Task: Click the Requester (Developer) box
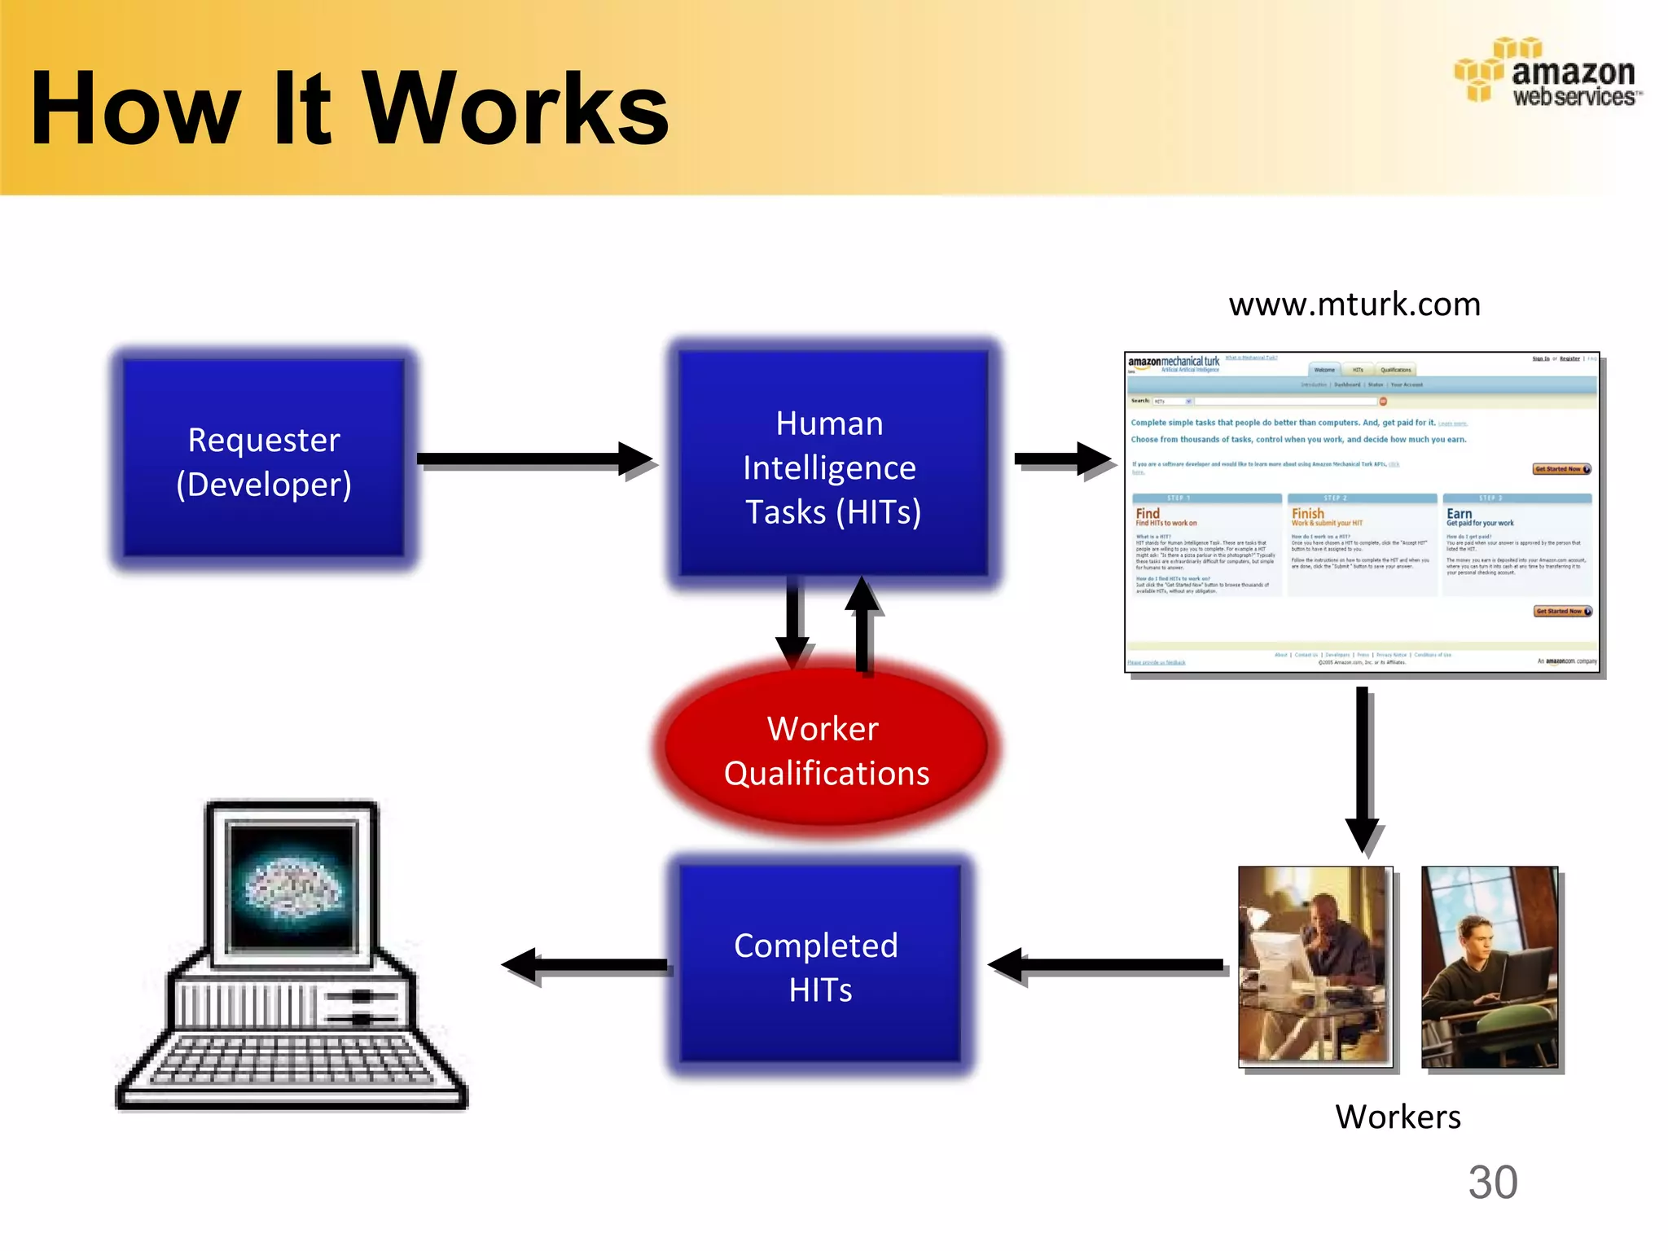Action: tap(264, 461)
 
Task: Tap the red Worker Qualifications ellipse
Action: tap(826, 749)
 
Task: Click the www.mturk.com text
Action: tap(1354, 305)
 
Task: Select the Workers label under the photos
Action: tap(1398, 1117)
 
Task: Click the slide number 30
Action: tap(1492, 1183)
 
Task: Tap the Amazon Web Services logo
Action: tap(1547, 73)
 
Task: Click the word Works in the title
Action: tap(515, 109)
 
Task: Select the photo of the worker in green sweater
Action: tap(1489, 967)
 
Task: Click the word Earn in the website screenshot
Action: tap(1459, 514)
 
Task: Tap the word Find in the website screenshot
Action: tap(1147, 513)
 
